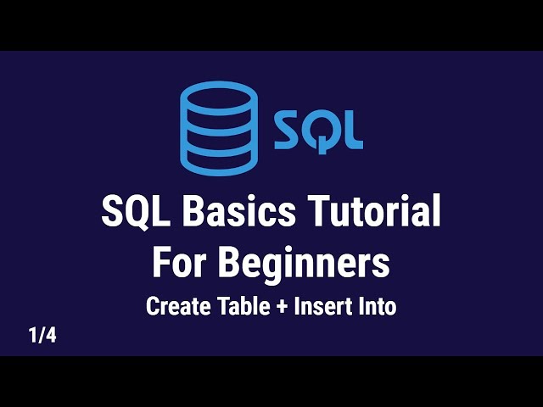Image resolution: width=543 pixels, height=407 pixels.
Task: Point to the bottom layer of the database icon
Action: (218, 160)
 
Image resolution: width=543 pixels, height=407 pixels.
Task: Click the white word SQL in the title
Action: (132, 212)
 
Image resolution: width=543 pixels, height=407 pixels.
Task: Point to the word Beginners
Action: (305, 264)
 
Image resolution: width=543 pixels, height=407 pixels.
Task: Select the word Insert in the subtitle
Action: (320, 306)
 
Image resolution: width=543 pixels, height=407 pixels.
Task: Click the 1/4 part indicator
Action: (42, 336)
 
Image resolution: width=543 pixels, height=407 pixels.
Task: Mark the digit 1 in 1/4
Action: (32, 336)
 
